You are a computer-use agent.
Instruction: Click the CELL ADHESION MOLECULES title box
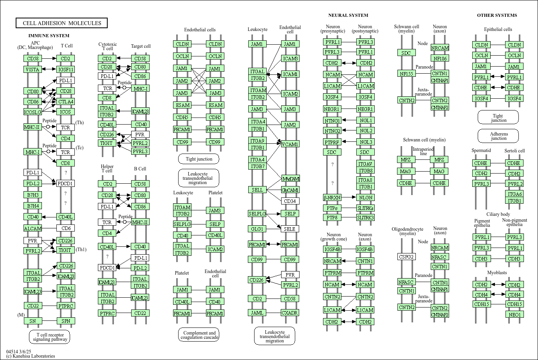click(x=61, y=23)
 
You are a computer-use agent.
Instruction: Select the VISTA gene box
click(x=32, y=69)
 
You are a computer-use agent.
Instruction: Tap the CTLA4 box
click(x=65, y=101)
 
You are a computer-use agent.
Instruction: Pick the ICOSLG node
click(x=32, y=112)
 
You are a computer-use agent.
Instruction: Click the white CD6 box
click(x=65, y=228)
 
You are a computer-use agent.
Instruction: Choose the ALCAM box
click(x=32, y=228)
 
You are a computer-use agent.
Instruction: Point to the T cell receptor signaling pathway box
click(x=49, y=337)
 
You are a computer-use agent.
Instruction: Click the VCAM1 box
click(x=290, y=144)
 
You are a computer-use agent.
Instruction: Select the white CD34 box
click(x=290, y=201)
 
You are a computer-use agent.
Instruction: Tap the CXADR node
click(x=290, y=313)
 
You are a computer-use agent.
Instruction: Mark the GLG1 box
click(x=257, y=229)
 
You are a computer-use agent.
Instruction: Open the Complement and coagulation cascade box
click(x=199, y=335)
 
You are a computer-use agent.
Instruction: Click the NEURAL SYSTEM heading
click(x=348, y=15)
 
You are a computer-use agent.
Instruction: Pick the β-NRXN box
click(x=332, y=197)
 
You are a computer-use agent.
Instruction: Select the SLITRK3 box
click(x=365, y=217)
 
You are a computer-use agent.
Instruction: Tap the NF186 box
click(x=440, y=58)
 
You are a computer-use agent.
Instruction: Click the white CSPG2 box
click(x=406, y=257)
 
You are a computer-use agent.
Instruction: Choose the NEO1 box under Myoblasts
click(x=515, y=315)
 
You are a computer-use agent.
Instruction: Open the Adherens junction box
click(x=498, y=136)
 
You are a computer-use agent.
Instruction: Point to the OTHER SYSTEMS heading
click(x=497, y=15)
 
